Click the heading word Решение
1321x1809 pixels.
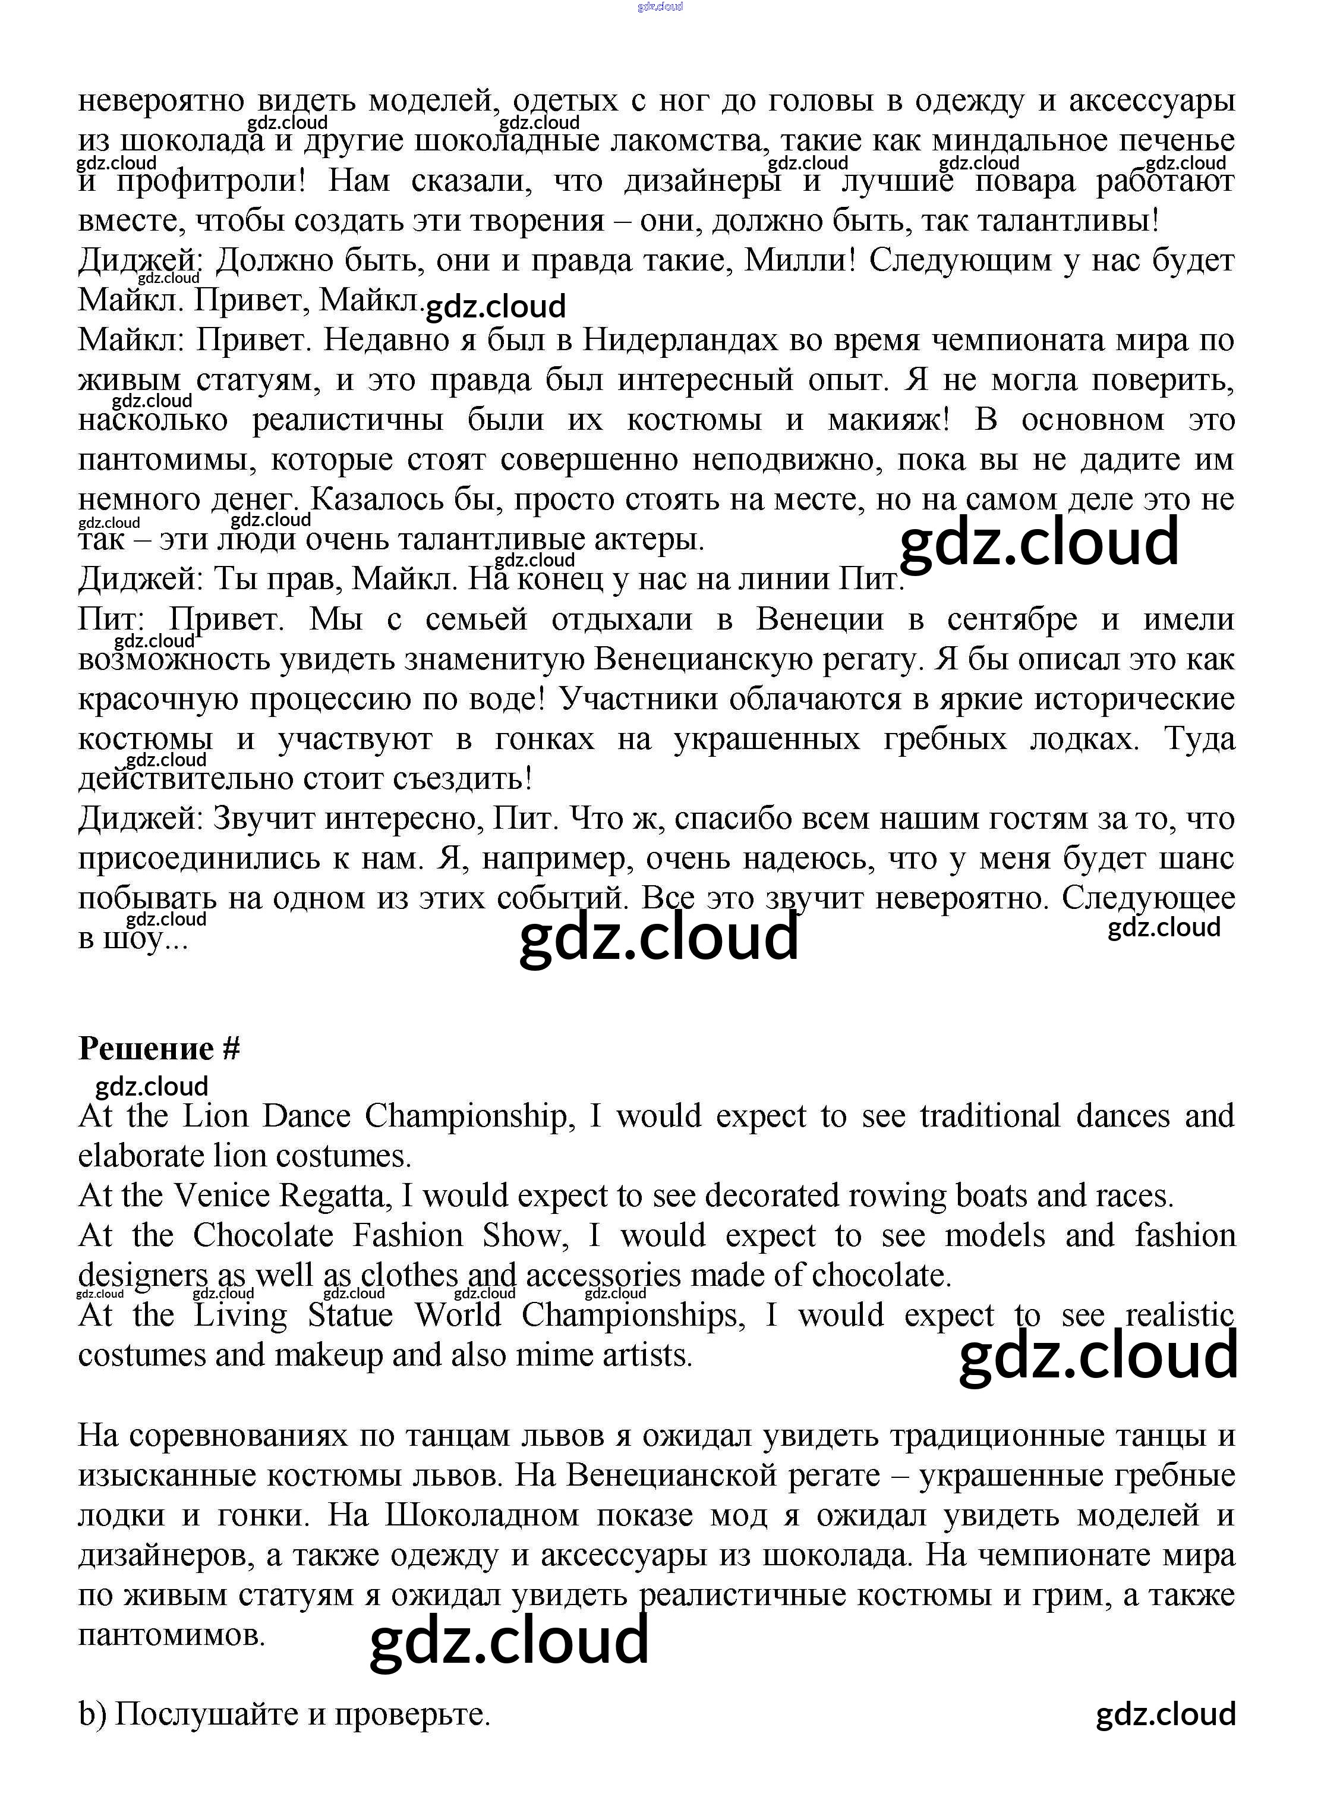tap(146, 1049)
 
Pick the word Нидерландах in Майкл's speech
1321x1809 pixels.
tap(680, 341)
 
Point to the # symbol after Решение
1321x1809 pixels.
tap(231, 1049)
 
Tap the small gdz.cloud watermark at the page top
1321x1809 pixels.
tap(661, 7)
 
